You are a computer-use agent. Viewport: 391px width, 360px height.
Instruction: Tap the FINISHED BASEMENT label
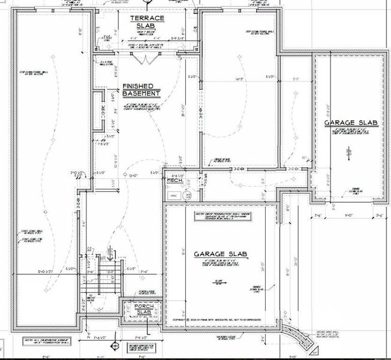tap(141, 90)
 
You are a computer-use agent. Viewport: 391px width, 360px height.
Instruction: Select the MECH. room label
tap(175, 180)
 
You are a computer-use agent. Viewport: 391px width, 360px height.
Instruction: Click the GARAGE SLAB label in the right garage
tap(351, 123)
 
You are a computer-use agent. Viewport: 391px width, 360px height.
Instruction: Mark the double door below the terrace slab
tap(143, 59)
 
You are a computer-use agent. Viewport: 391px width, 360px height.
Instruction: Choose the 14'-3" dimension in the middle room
tap(239, 79)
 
